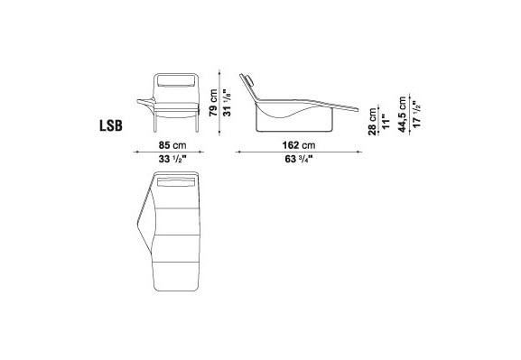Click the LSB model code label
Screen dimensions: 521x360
click(111, 126)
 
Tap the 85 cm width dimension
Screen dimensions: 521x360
click(172, 145)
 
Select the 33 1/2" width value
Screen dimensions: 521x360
click(172, 159)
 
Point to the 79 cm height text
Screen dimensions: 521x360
click(213, 102)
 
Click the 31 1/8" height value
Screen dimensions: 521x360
click(227, 102)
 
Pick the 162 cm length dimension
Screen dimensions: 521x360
click(299, 145)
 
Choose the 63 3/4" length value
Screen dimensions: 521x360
click(299, 159)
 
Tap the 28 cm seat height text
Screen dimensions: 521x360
click(373, 122)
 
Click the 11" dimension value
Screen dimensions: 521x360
click(385, 122)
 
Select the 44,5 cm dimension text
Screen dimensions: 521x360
click(403, 115)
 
